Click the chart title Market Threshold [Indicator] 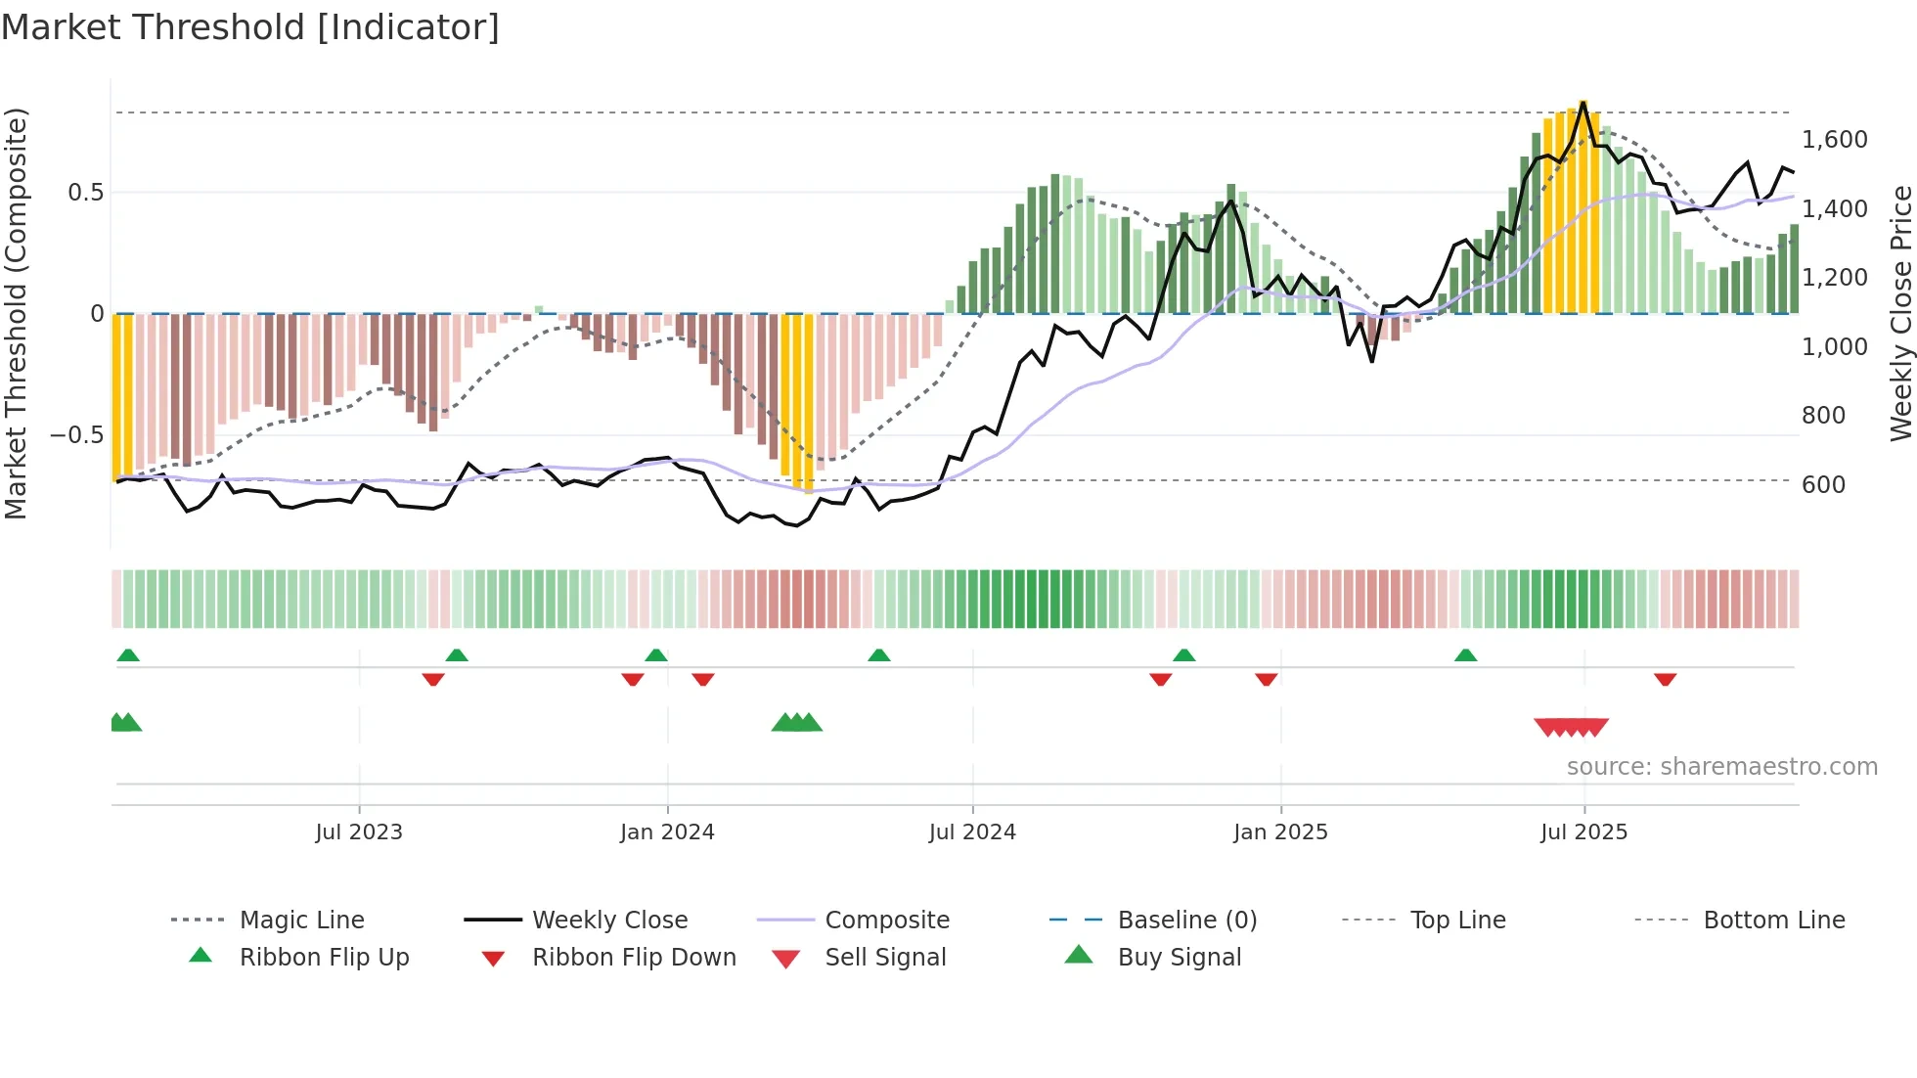coord(250,27)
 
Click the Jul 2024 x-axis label coord(972,832)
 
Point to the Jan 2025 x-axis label coord(1280,832)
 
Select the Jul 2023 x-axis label coord(359,832)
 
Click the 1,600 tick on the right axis coord(1835,140)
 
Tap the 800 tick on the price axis coord(1823,416)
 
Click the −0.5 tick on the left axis coord(76,435)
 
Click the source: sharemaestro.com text coord(1721,767)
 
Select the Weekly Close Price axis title coord(1900,313)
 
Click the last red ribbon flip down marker coord(1665,679)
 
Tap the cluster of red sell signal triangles coord(1571,727)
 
